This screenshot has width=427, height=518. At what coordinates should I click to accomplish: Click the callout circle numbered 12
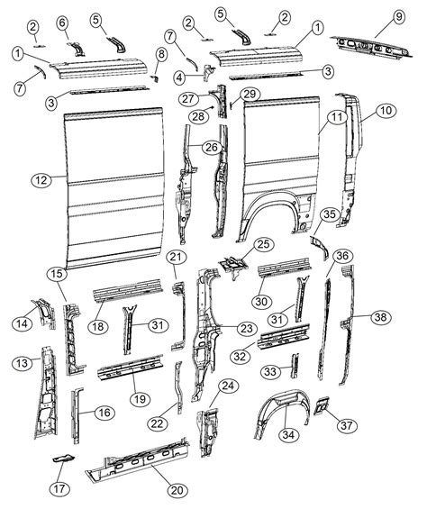coord(39,180)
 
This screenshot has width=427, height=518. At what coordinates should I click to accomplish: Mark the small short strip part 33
coord(291,365)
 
